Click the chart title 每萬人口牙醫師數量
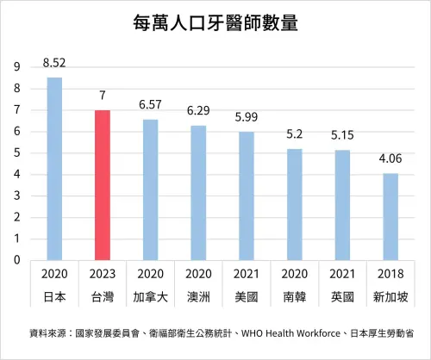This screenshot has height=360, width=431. [215, 24]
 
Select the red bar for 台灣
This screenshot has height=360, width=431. [103, 185]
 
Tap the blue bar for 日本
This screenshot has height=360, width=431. [54, 169]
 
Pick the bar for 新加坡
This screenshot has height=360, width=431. [390, 217]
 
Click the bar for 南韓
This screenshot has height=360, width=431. [294, 205]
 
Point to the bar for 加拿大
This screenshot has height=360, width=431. [150, 189]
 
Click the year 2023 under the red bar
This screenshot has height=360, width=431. [103, 273]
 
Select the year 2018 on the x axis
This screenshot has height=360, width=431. [390, 273]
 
